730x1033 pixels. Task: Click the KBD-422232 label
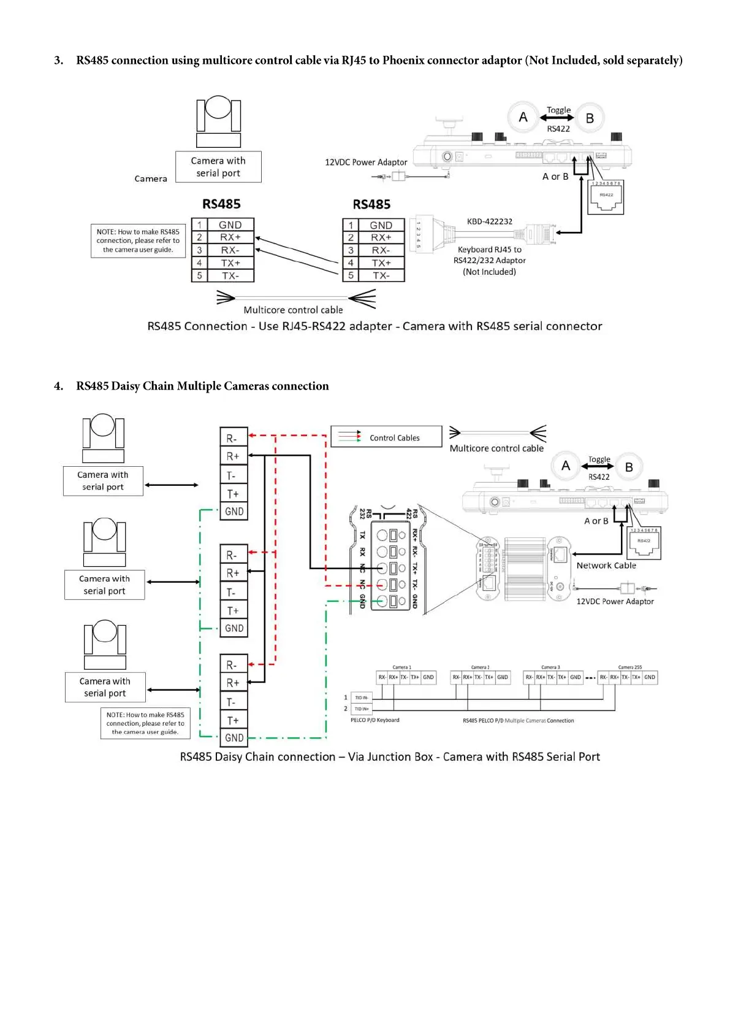click(x=489, y=221)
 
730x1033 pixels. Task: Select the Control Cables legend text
click(x=394, y=438)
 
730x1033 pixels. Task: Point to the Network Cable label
click(x=606, y=566)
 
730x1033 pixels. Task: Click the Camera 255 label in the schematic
click(x=629, y=667)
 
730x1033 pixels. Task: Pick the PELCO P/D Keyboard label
click(x=375, y=720)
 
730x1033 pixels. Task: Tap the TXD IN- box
click(x=362, y=697)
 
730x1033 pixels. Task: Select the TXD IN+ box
click(x=362, y=709)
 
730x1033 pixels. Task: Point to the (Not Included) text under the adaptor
click(x=489, y=272)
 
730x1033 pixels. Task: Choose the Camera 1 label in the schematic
click(x=401, y=667)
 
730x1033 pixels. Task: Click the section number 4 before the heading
click(x=58, y=386)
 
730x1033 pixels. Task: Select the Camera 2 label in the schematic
click(x=480, y=667)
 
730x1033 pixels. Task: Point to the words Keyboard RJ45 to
click(x=489, y=250)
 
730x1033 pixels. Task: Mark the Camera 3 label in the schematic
click(x=550, y=667)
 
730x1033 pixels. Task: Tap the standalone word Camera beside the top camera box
click(x=151, y=179)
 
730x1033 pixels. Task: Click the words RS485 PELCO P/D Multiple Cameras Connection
click(x=518, y=721)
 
